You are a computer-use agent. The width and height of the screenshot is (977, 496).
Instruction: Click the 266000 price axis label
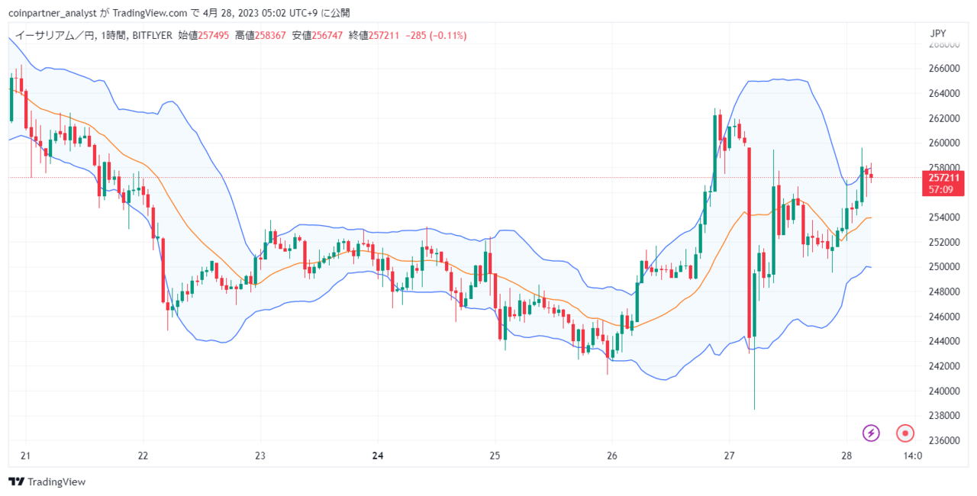click(x=944, y=69)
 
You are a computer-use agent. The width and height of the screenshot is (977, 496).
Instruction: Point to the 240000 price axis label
click(x=944, y=391)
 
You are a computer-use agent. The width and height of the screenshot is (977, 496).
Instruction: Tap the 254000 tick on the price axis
click(x=944, y=217)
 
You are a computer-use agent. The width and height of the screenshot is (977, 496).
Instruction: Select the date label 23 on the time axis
click(x=260, y=456)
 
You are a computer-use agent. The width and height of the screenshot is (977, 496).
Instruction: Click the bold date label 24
click(x=378, y=456)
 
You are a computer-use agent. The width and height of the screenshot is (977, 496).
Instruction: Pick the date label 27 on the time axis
click(x=729, y=456)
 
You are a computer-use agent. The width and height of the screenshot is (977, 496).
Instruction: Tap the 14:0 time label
click(x=912, y=456)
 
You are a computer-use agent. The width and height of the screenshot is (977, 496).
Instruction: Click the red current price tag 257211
click(x=944, y=178)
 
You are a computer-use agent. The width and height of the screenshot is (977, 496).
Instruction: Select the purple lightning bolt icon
click(x=871, y=433)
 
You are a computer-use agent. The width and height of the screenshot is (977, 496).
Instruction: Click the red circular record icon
click(x=905, y=433)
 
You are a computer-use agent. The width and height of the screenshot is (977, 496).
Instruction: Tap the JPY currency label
click(x=938, y=34)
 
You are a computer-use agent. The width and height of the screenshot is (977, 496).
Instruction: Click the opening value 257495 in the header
click(x=213, y=35)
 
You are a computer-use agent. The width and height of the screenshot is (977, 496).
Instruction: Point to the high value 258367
click(x=270, y=35)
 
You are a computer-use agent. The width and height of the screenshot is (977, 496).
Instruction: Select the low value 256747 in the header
click(x=327, y=35)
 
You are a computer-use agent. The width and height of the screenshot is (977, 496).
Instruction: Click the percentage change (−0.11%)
click(x=448, y=35)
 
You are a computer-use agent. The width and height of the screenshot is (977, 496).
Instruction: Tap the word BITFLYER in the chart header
click(x=152, y=35)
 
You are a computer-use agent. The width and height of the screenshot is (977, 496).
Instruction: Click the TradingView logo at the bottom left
click(x=47, y=482)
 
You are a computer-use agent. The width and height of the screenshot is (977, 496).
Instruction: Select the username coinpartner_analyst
click(x=53, y=13)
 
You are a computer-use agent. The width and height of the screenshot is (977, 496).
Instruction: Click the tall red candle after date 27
click(x=750, y=243)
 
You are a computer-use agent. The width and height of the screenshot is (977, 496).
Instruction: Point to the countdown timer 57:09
click(x=940, y=189)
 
